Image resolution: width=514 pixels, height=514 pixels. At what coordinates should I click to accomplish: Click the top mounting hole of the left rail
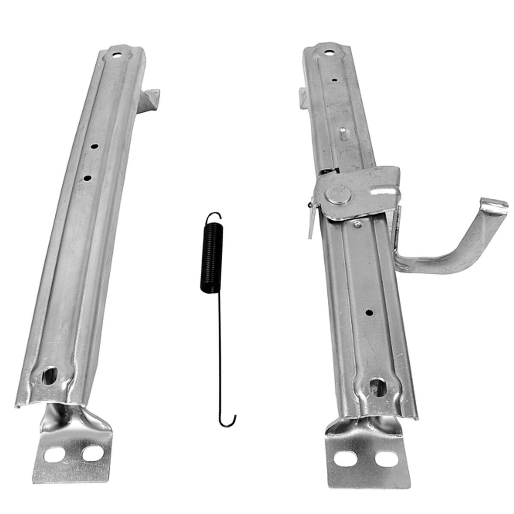click(x=117, y=55)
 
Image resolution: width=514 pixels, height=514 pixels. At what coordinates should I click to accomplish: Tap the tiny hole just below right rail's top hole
click(x=333, y=79)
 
